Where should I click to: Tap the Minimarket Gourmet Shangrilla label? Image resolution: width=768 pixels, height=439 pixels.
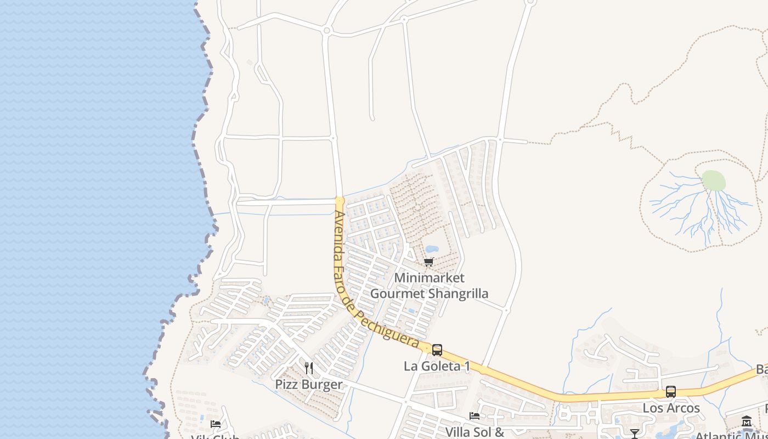click(429, 286)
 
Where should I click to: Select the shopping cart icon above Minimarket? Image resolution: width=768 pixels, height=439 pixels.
click(428, 262)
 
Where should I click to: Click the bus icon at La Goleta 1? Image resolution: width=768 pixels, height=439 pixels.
click(437, 350)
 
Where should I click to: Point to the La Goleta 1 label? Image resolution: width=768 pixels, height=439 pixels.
click(437, 366)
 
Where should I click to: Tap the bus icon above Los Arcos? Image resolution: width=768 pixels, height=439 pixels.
click(670, 392)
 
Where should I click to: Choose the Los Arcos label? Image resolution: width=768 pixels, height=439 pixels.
click(671, 408)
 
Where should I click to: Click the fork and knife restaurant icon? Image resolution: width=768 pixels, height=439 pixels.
click(309, 368)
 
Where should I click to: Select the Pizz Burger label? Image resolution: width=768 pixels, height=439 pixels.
click(309, 384)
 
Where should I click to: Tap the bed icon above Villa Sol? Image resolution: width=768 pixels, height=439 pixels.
click(475, 416)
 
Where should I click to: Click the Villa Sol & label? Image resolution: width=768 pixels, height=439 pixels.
click(475, 432)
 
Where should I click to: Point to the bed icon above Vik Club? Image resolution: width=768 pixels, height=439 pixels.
click(216, 424)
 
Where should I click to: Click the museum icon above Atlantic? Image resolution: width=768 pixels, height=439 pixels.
click(746, 421)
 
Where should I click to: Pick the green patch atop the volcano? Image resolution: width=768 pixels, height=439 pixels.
click(714, 181)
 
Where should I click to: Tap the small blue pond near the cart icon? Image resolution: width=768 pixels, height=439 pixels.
click(432, 249)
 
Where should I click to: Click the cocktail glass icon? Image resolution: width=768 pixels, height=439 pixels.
click(635, 434)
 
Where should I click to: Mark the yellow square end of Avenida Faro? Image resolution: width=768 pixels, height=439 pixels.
click(340, 201)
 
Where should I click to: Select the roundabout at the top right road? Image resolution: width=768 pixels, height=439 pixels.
click(530, 2)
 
